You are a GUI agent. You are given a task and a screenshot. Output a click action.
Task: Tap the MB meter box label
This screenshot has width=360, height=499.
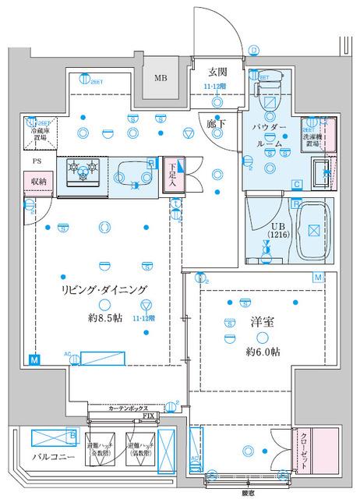coord(160,78)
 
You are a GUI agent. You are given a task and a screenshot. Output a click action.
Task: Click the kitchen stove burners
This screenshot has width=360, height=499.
coord(83,168)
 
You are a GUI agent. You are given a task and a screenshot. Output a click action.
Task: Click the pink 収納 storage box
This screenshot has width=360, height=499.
coord(37,182)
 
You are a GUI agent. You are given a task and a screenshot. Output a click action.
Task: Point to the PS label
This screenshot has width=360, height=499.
coord(37,161)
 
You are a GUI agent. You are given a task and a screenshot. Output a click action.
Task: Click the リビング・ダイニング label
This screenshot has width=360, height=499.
coord(104,289)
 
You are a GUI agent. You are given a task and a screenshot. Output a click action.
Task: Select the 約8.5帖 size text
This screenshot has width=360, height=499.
coord(104,318)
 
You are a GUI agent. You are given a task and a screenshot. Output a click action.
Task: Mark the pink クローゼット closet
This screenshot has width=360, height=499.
coord(309,448)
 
